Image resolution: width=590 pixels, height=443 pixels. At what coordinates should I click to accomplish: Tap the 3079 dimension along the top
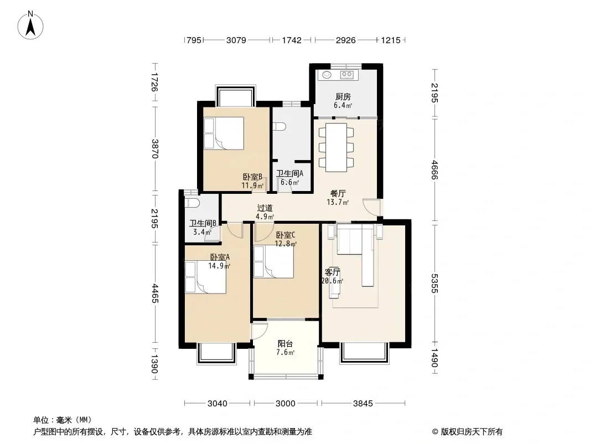click(x=236, y=40)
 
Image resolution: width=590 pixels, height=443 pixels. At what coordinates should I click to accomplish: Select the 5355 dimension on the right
click(x=434, y=283)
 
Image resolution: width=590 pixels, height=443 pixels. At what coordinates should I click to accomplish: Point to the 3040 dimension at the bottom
click(x=217, y=404)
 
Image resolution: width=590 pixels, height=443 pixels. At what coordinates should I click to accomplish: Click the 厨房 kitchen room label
click(x=343, y=97)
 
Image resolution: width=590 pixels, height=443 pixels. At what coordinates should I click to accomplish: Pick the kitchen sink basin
click(x=327, y=75)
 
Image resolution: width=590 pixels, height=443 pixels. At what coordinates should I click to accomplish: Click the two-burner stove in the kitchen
click(x=346, y=75)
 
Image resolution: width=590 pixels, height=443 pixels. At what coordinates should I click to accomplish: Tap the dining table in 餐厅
click(x=336, y=147)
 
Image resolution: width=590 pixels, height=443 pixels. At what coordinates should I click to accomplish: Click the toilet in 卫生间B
click(x=192, y=203)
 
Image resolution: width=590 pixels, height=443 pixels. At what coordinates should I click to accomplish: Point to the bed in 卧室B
click(x=224, y=133)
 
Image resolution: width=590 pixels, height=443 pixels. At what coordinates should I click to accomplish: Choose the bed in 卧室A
click(x=205, y=277)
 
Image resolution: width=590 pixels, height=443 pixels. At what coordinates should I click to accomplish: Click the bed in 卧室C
click(x=273, y=262)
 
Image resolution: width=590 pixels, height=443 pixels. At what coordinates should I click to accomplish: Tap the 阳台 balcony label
click(x=285, y=344)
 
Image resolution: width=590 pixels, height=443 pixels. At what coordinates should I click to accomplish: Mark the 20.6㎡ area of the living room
click(x=332, y=281)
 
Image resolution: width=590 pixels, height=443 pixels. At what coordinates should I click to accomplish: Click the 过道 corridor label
click(x=265, y=208)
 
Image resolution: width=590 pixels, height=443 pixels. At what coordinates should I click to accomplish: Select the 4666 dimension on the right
click(x=434, y=170)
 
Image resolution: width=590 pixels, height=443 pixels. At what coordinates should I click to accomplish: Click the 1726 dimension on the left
click(x=154, y=82)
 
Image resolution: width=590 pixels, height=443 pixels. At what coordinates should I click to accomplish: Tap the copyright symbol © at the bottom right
click(x=435, y=432)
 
